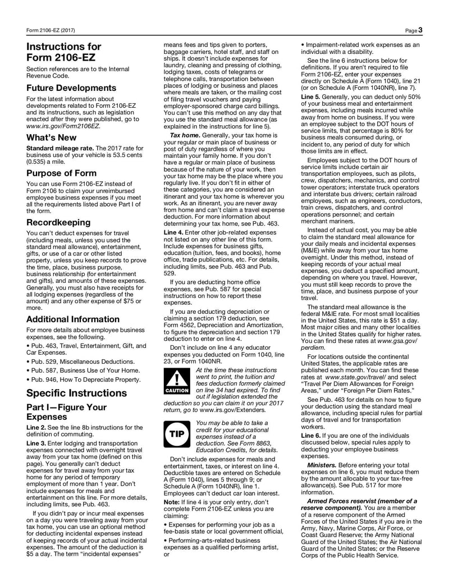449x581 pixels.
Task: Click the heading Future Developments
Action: [71, 88]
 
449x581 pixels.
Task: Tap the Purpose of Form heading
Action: [61, 173]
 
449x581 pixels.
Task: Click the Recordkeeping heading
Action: [58, 222]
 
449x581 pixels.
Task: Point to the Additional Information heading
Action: [73, 319]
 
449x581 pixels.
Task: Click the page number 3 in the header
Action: [420, 30]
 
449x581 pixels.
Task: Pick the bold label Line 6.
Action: [312, 436]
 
